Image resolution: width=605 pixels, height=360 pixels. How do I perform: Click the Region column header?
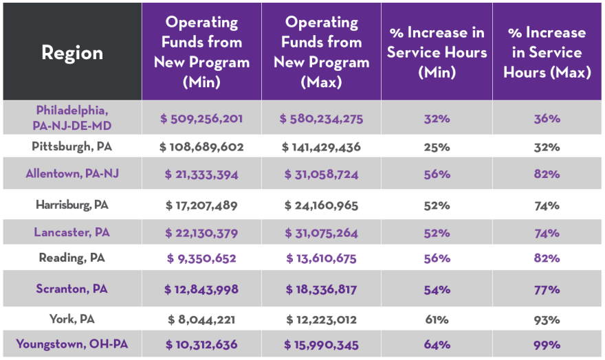72,53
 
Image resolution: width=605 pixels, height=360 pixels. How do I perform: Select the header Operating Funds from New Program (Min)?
201,52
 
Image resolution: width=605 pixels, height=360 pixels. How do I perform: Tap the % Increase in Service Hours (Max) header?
547,52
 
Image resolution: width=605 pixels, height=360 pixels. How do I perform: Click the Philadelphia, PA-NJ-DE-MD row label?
72,118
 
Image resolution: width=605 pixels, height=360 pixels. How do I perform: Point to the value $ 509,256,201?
201,119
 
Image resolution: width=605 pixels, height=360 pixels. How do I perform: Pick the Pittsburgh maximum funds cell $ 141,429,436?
321,147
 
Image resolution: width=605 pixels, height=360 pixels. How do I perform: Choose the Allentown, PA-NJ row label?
72,174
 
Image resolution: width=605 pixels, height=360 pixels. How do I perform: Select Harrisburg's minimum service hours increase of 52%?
437,205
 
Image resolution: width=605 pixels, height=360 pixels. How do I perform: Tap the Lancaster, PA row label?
72,233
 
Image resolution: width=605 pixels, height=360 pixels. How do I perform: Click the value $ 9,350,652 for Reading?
201,259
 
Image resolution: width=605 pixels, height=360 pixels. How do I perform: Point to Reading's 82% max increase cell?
547,259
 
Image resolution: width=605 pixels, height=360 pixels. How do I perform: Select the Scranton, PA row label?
72,289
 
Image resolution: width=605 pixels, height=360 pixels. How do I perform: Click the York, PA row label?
72,319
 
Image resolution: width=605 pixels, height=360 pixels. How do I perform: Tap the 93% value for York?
547,319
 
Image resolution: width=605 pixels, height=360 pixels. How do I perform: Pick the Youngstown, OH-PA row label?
72,344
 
